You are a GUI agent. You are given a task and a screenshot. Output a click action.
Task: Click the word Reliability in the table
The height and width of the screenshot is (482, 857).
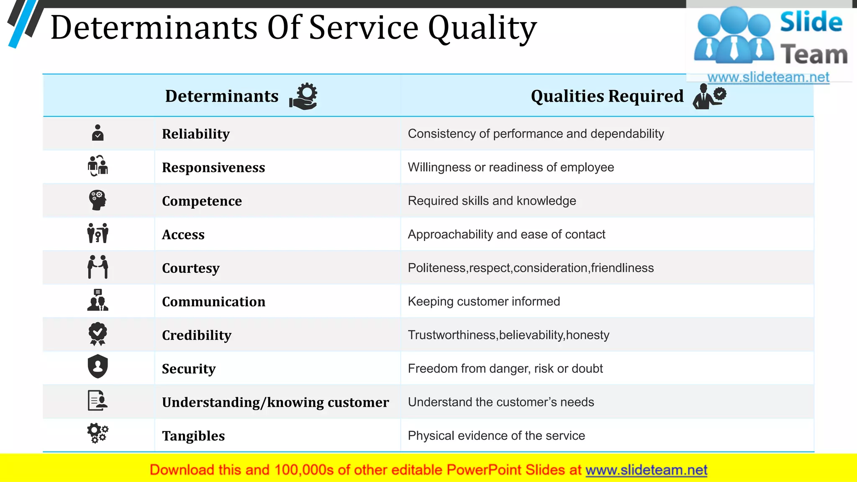pos(196,134)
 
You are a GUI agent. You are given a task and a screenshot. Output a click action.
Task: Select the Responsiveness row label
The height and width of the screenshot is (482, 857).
pos(213,167)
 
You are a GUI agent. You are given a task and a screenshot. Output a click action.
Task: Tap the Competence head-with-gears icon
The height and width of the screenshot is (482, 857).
pos(98,200)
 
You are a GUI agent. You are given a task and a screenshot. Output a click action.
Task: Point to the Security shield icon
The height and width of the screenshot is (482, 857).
pos(98,367)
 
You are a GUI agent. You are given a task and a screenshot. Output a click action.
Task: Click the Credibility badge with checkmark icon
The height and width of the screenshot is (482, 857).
pos(98,334)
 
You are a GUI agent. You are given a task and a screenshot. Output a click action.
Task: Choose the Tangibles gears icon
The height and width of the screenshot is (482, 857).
pos(98,433)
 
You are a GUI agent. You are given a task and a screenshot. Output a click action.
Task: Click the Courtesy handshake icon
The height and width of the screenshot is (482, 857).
pos(98,267)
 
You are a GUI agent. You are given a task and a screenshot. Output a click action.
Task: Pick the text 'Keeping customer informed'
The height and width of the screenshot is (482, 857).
pos(484,301)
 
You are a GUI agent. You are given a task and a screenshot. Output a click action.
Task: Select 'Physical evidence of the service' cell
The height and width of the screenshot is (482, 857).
pos(496,436)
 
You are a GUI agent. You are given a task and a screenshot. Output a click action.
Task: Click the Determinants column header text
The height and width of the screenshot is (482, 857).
pos(222,96)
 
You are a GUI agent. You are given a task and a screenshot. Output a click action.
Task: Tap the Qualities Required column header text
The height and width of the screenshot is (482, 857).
pos(607,96)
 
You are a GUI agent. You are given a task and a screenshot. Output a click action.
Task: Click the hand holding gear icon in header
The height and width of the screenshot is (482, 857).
pos(303,96)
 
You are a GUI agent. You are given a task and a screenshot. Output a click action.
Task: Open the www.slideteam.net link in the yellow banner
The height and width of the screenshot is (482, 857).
pos(646,470)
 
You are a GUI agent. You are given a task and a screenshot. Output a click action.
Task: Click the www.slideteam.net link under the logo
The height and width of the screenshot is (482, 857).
pos(768,77)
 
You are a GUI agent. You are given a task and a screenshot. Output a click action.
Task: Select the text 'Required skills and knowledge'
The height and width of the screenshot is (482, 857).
pos(492,201)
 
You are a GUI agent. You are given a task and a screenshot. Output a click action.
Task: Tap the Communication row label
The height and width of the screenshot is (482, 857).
pos(213,302)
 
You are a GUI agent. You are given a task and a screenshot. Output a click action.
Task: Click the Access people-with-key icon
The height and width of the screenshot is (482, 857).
pos(98,233)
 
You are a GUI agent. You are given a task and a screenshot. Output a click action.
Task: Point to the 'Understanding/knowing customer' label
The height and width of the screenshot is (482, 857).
pos(275,402)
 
